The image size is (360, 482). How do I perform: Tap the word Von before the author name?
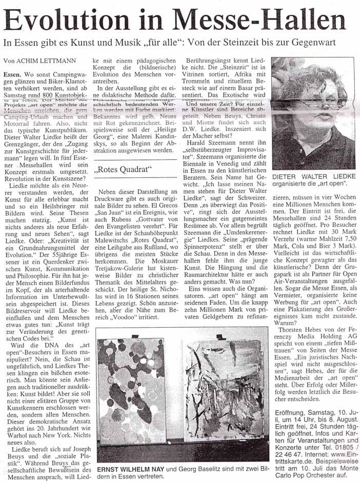click(x=10, y=61)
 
